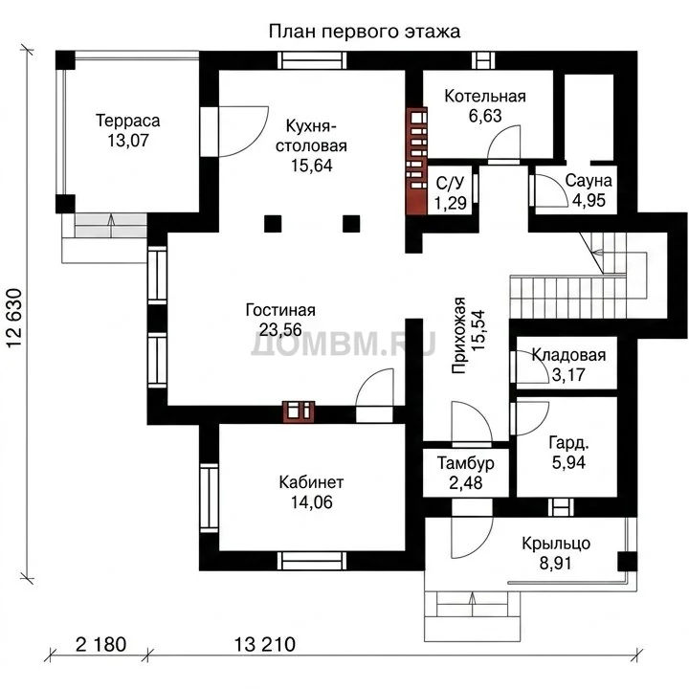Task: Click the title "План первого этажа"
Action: pyautogui.click(x=365, y=33)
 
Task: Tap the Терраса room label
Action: pyautogui.click(x=128, y=121)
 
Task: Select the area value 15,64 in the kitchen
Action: pyautogui.click(x=312, y=166)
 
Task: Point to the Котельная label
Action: pyautogui.click(x=485, y=97)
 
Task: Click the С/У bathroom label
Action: pyautogui.click(x=451, y=183)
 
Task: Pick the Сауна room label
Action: pyautogui.click(x=589, y=181)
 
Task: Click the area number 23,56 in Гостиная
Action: pyautogui.click(x=280, y=329)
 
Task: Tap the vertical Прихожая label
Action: pyautogui.click(x=458, y=335)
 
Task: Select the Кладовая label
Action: pyautogui.click(x=568, y=355)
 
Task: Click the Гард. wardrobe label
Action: pyautogui.click(x=568, y=443)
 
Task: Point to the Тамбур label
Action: pyautogui.click(x=466, y=463)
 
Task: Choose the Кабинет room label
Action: pyautogui.click(x=312, y=482)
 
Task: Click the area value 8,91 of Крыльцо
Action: pyautogui.click(x=556, y=564)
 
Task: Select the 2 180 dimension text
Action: pyautogui.click(x=101, y=645)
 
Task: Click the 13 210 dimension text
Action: pyautogui.click(x=264, y=645)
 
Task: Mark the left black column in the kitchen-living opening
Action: pyautogui.click(x=273, y=224)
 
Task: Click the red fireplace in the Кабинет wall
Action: pyautogui.click(x=299, y=412)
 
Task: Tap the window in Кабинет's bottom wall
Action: pyautogui.click(x=312, y=561)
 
